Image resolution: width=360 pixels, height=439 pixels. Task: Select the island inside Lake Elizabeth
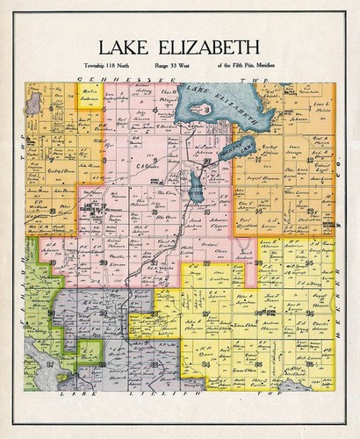tap(219, 112)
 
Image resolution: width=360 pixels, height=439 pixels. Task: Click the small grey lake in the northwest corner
tap(32, 105)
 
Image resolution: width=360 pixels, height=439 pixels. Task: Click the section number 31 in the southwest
tap(50, 363)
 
